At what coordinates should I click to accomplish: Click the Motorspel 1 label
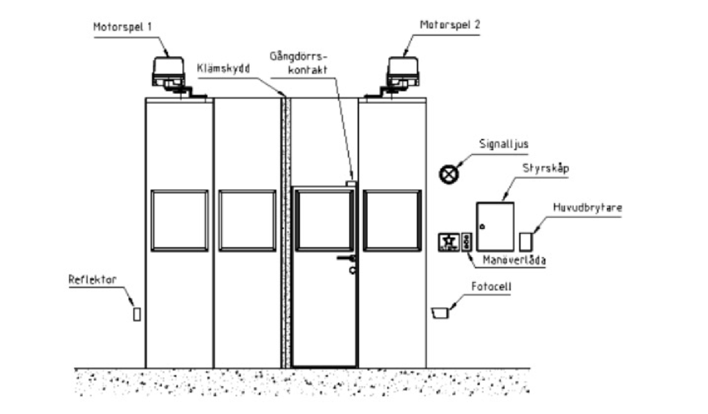click(122, 27)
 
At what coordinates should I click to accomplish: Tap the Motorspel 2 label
click(449, 25)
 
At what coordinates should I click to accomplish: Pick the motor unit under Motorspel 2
click(403, 72)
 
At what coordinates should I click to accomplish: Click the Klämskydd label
click(223, 68)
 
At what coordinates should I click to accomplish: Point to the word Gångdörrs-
click(298, 57)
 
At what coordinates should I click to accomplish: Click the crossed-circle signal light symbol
click(449, 174)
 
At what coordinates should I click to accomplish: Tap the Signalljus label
click(503, 144)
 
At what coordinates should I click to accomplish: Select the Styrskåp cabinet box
click(495, 227)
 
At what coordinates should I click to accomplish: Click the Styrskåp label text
click(546, 169)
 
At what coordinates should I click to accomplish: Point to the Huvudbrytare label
click(588, 207)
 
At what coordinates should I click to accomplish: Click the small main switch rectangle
click(526, 241)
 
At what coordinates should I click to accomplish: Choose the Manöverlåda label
click(514, 260)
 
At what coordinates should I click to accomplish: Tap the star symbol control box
click(449, 242)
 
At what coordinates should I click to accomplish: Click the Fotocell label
click(492, 287)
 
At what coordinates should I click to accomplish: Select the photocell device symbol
click(440, 313)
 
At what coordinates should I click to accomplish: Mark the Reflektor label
click(92, 279)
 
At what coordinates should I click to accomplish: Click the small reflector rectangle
click(137, 314)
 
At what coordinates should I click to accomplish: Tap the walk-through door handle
click(346, 258)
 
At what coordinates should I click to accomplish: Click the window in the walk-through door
click(325, 220)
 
